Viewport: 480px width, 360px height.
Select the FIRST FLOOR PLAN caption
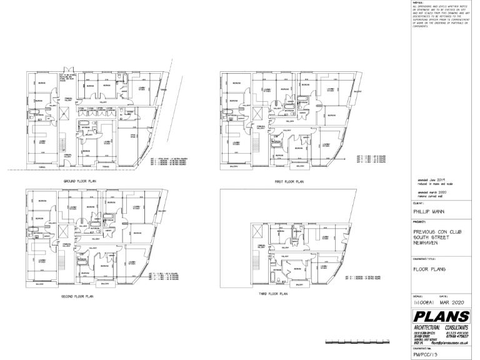pyautogui.click(x=288, y=181)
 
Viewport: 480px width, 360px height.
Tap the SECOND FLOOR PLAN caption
pyautogui.click(x=77, y=296)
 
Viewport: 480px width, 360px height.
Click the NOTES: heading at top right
pyautogui.click(x=418, y=2)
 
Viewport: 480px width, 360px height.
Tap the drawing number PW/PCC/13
pyautogui.click(x=427, y=354)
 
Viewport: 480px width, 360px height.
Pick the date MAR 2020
pyautogui.click(x=454, y=301)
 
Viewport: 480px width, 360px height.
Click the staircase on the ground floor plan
pyautogui.click(x=63, y=147)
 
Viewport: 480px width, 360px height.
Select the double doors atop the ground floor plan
pyautogui.click(x=69, y=69)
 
